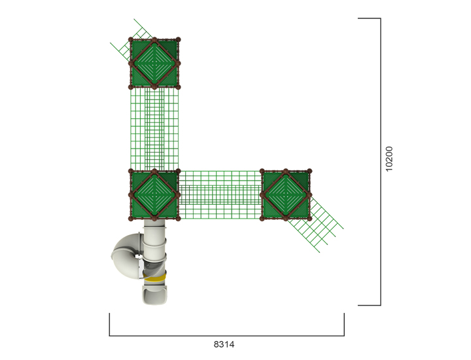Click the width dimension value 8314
(224, 344)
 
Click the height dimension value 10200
(389, 159)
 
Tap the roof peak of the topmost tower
(154, 63)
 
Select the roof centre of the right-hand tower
(286, 194)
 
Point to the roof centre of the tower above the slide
(154, 195)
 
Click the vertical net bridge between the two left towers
(154, 128)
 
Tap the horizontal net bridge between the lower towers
(220, 195)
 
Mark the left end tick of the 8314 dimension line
(110, 325)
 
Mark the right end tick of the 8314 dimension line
(344, 325)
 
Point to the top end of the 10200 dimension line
(380, 19)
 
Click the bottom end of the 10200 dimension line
(380, 304)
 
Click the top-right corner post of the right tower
(310, 171)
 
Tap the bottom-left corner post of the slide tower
(131, 219)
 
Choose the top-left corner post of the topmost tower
(131, 41)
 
